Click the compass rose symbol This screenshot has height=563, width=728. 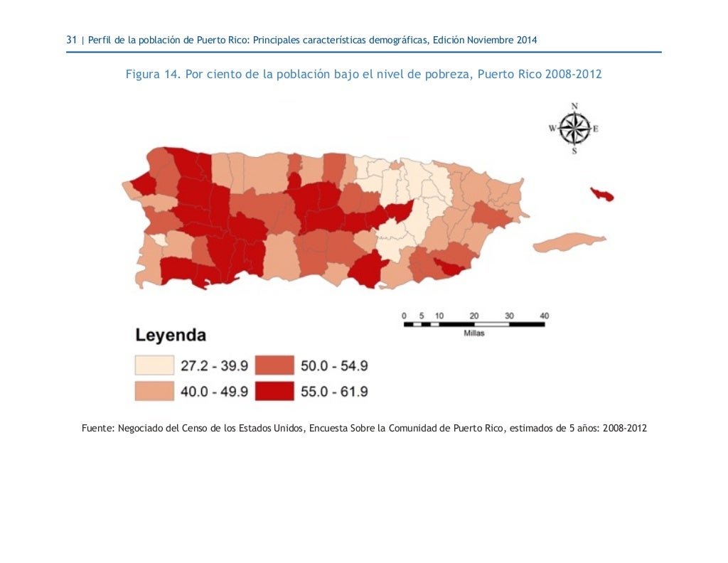click(x=574, y=129)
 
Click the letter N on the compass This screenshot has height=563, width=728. click(x=574, y=106)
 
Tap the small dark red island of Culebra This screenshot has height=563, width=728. click(x=601, y=194)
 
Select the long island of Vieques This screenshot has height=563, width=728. click(x=569, y=243)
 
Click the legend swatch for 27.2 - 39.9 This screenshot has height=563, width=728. click(x=154, y=365)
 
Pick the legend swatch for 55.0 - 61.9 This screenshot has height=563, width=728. click(x=274, y=391)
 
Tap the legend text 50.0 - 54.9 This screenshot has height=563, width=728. click(x=334, y=365)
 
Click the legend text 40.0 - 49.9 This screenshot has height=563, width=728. click(x=214, y=391)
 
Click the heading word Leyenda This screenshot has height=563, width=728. click(x=171, y=335)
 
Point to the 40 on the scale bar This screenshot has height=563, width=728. click(x=544, y=315)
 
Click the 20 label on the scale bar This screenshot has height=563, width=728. click(x=474, y=315)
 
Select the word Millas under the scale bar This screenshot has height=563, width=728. click(x=474, y=333)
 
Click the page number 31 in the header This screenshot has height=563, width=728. click(x=71, y=41)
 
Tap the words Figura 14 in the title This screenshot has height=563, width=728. click(x=151, y=75)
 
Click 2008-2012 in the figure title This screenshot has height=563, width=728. click(x=573, y=75)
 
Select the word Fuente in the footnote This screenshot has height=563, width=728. click(x=98, y=429)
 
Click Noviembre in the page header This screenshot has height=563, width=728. click(x=491, y=41)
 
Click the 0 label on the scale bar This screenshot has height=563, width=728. click(x=404, y=315)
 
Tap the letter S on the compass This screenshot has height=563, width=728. click(x=574, y=151)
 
